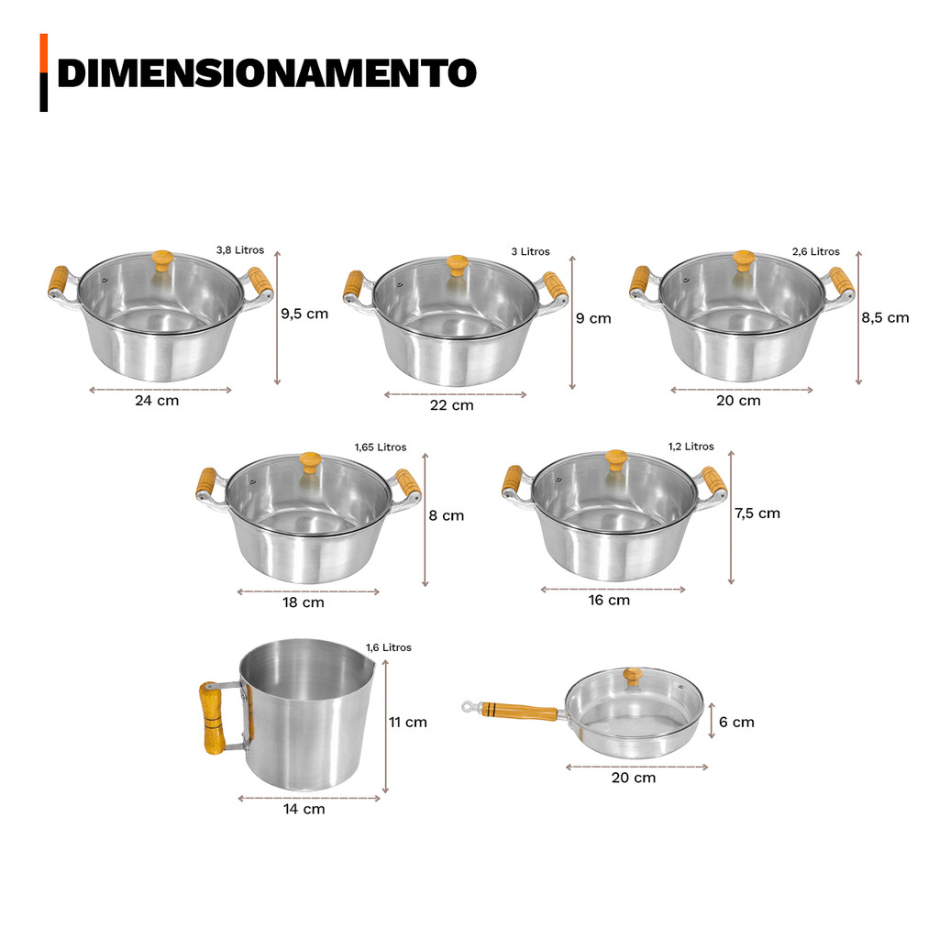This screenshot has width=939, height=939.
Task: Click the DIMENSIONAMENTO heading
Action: [267, 73]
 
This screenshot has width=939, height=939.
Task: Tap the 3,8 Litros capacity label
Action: [240, 249]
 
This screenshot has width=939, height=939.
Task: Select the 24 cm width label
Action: [157, 401]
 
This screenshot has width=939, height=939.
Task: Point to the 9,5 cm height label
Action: [304, 314]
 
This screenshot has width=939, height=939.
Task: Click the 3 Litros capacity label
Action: [531, 251]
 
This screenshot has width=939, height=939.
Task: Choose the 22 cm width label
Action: [451, 405]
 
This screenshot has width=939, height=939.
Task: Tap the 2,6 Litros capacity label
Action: [815, 251]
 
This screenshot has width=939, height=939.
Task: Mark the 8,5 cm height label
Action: [885, 318]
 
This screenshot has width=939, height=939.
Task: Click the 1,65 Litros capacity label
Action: [381, 447]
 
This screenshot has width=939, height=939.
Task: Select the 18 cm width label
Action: [304, 602]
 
